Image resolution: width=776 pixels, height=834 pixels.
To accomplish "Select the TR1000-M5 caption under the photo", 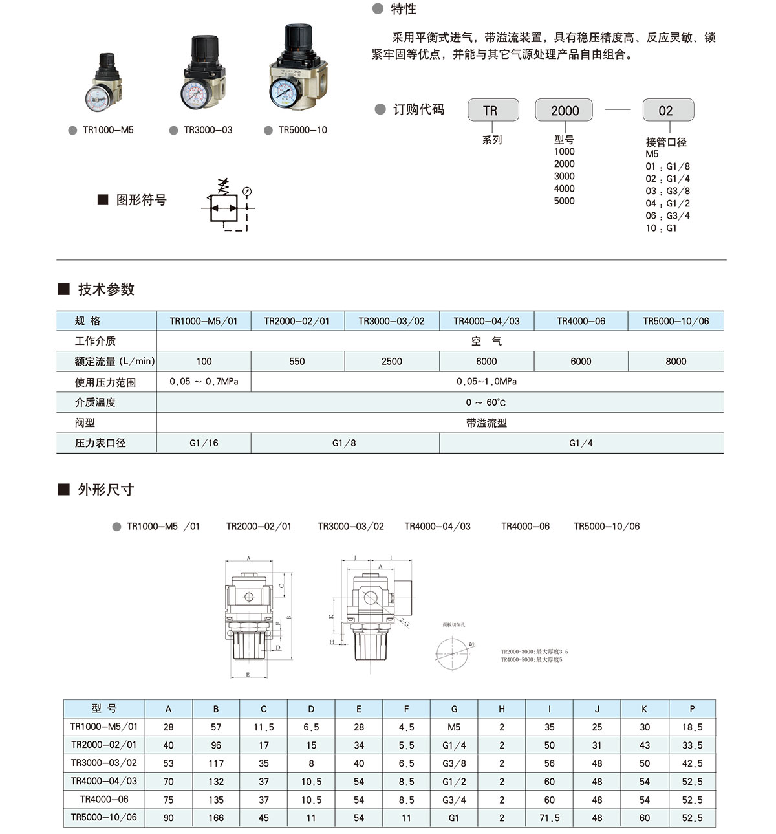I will (108, 130).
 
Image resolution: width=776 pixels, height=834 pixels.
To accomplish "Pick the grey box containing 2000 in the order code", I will (565, 111).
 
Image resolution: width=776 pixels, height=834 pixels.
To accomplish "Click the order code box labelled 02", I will (667, 111).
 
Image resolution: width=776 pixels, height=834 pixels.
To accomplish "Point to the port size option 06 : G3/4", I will (667, 215).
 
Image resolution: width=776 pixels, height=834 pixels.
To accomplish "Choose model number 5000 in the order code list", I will (564, 201).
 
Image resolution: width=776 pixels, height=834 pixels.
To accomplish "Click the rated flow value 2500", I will (391, 361).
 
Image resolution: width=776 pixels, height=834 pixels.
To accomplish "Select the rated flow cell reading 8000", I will (676, 361).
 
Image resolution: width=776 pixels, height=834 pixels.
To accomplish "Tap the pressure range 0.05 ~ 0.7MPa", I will (204, 382).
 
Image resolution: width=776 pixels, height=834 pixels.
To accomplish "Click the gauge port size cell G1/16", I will (204, 443).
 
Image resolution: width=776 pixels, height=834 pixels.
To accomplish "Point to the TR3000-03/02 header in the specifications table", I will (391, 321).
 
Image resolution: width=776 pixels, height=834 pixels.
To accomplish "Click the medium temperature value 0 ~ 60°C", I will (486, 402).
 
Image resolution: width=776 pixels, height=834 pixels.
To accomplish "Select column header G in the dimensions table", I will (454, 709).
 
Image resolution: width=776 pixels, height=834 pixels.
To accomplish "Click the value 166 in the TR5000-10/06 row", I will (216, 818).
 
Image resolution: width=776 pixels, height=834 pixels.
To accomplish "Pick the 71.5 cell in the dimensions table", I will (549, 818).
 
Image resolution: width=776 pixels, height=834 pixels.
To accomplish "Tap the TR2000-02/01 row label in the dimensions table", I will (103, 745).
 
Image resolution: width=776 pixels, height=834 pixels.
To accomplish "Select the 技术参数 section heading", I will (106, 289).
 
